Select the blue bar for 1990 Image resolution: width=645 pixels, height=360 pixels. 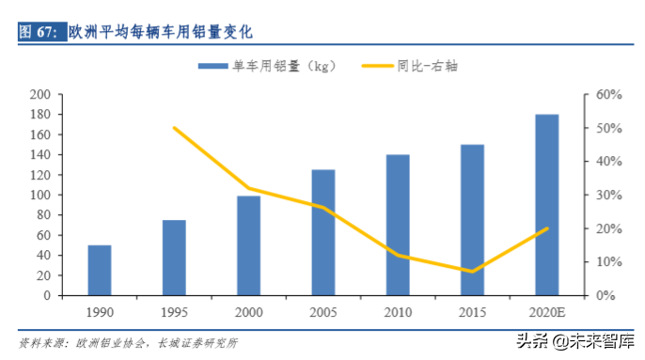pos(100,270)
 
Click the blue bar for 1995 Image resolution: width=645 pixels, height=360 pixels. pos(174,258)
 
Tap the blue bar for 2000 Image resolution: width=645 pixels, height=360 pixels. pos(248,245)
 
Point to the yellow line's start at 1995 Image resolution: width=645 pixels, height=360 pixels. pos(174,128)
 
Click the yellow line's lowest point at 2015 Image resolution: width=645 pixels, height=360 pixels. pos(472,272)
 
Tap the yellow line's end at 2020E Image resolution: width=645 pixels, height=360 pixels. pos(547,228)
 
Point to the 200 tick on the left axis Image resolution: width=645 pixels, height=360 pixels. pos(39,95)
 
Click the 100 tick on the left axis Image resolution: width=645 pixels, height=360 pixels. pos(39,196)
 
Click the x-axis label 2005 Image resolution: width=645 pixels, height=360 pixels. pos(323,311)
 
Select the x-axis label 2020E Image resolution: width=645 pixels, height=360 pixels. pos(547,311)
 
